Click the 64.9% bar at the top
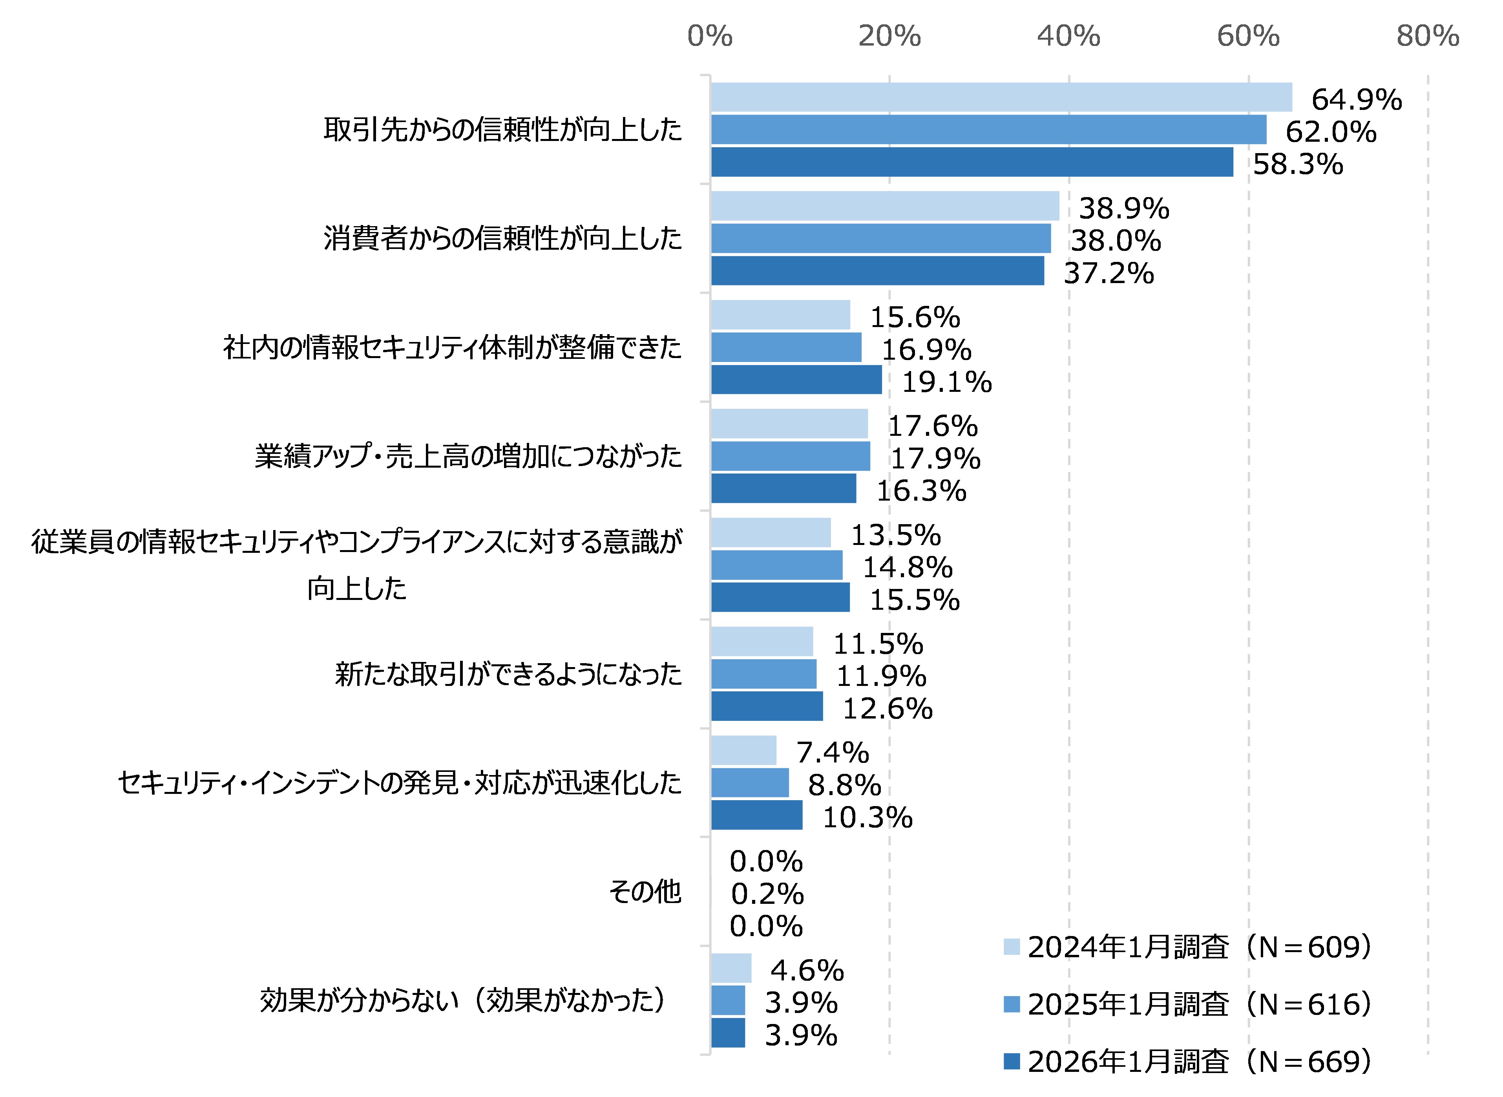click(1001, 97)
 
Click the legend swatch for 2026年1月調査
click(1011, 1061)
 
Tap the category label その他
click(645, 891)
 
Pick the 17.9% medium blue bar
click(790, 456)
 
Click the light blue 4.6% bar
click(731, 968)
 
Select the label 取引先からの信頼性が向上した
click(502, 130)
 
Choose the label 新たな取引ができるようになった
click(508, 674)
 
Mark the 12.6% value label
click(887, 709)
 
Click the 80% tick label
click(1427, 36)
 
